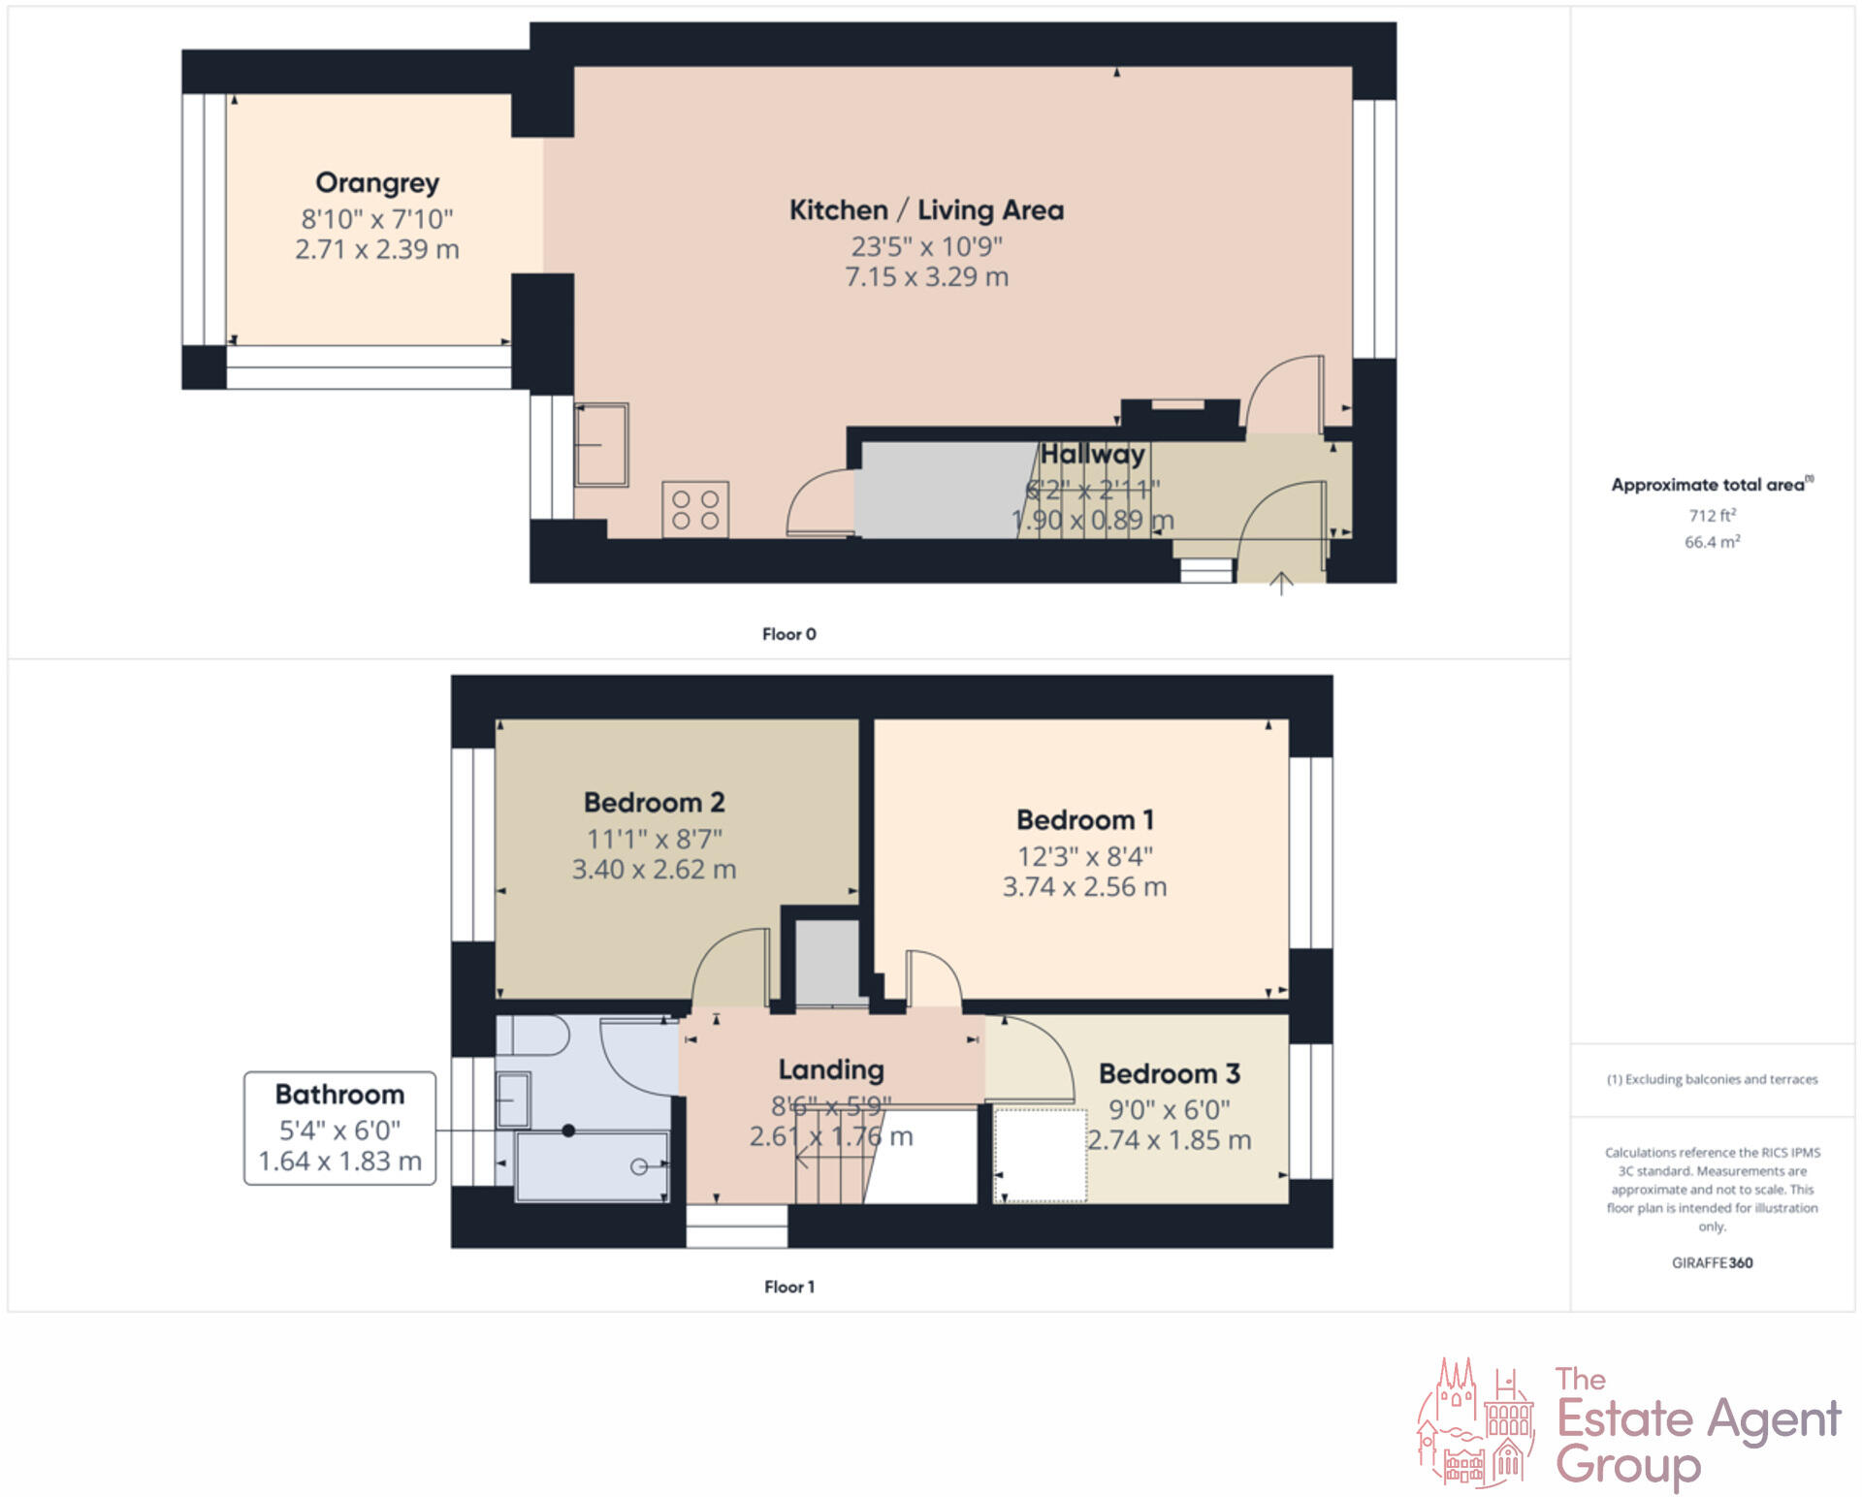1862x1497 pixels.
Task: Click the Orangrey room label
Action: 377,183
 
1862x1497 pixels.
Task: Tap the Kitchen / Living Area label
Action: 926,210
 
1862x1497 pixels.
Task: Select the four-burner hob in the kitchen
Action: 695,509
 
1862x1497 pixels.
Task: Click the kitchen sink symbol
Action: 601,445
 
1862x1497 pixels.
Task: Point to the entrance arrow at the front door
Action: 1281,584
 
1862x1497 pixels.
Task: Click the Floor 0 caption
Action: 788,634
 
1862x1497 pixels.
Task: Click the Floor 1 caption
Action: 788,1287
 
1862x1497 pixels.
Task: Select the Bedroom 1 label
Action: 1084,820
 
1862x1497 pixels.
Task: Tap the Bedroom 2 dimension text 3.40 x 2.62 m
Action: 654,870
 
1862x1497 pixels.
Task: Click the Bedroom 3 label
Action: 1169,1074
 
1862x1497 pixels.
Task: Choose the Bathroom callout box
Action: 339,1128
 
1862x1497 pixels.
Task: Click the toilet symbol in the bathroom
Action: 533,1035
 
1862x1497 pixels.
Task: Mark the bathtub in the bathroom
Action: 592,1166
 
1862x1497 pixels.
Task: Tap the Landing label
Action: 831,1069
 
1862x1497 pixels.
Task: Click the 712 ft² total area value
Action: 1712,516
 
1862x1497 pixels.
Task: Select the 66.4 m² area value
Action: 1712,542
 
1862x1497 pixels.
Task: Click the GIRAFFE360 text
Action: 1712,1262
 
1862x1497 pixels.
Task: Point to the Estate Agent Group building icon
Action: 1476,1423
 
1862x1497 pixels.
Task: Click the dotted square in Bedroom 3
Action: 1040,1156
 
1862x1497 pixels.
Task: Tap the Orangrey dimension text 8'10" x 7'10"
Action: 377,219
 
